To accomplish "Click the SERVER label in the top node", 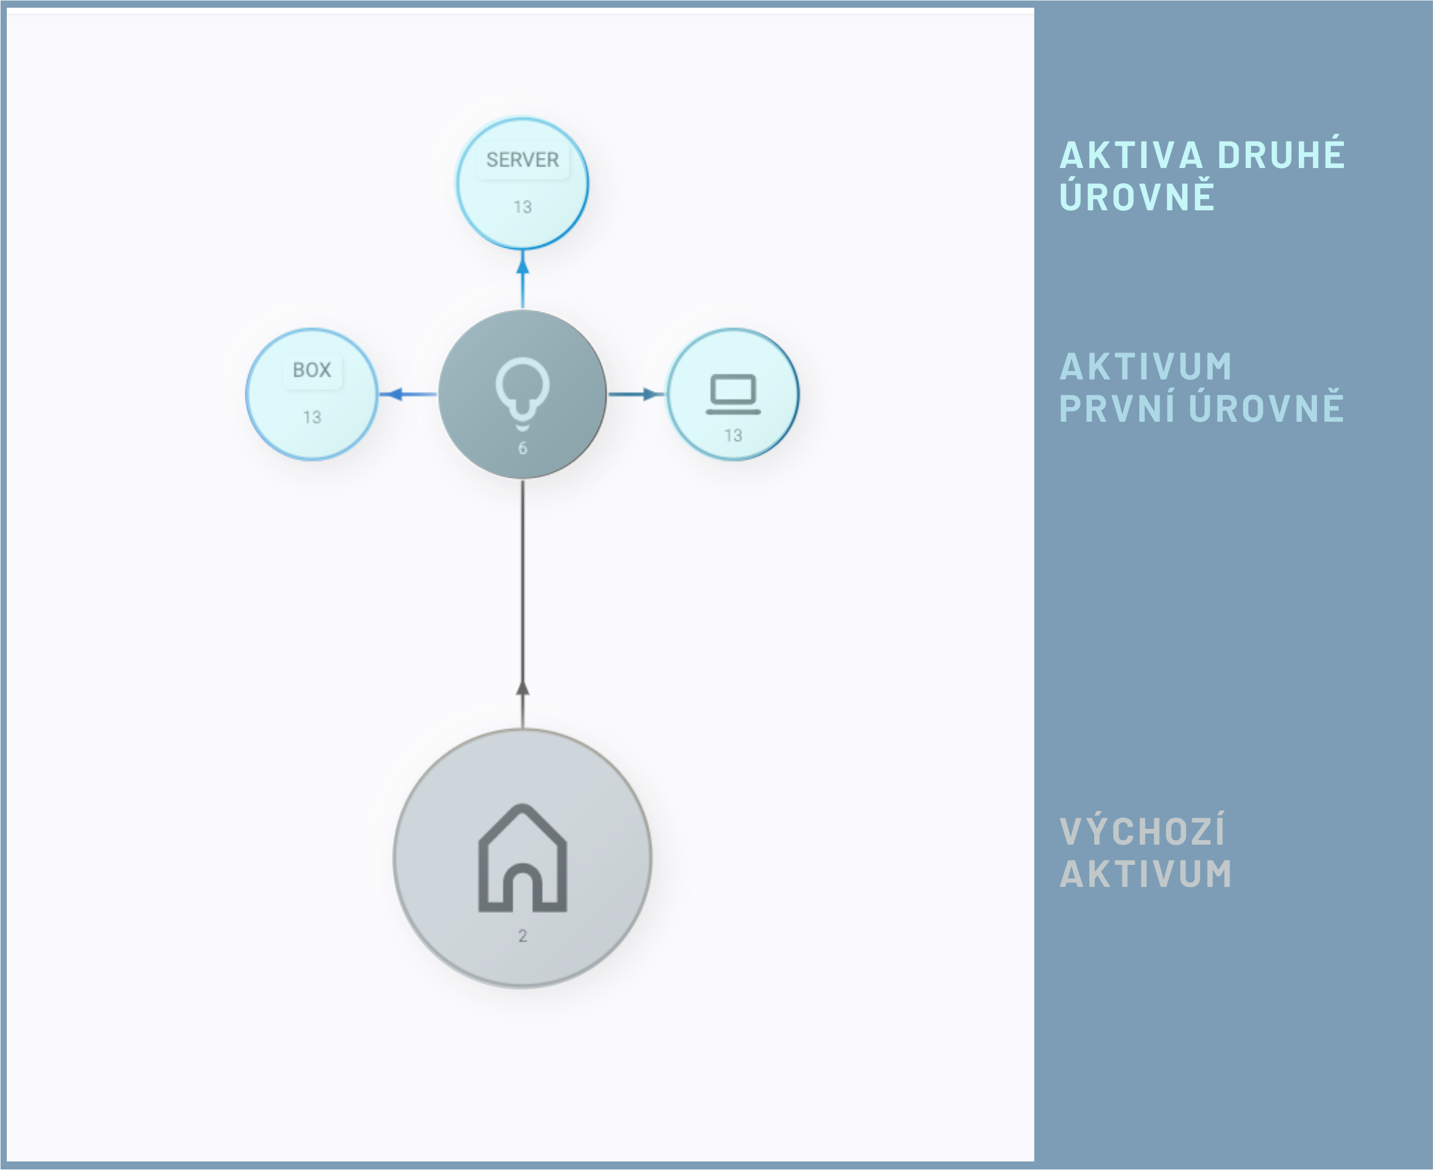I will (522, 160).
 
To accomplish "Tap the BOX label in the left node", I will (312, 370).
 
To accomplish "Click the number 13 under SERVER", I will (522, 207).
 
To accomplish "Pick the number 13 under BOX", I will (312, 417).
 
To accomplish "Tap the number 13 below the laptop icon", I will (733, 435).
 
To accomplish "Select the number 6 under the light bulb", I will (522, 448).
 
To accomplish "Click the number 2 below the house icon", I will (522, 935).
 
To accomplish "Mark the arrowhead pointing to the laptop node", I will (650, 394).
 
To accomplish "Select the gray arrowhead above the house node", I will (522, 688).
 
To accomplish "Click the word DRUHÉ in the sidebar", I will (1281, 155).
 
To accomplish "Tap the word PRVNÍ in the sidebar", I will (1118, 408).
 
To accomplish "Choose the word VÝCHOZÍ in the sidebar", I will (1143, 832).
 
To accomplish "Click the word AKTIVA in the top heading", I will (1132, 155).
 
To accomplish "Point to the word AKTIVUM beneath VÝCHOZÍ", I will (1146, 874).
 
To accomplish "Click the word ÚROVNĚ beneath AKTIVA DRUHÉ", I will (1137, 197).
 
